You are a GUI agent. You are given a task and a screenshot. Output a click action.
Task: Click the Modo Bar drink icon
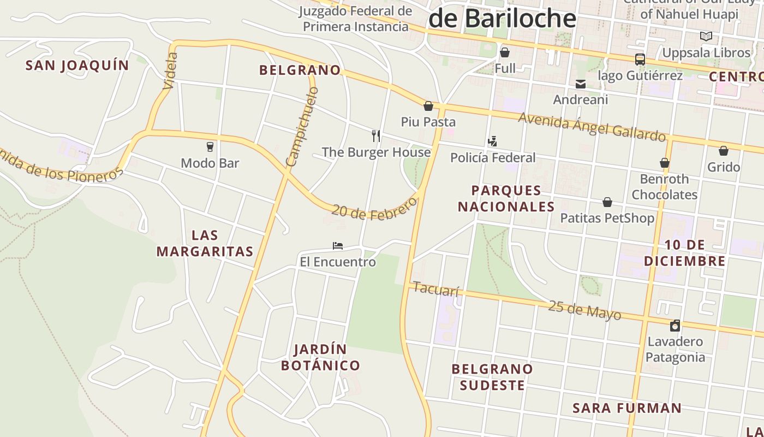point(210,146)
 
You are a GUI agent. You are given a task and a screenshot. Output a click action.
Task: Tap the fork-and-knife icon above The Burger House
point(376,135)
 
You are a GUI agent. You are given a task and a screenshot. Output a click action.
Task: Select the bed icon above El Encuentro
point(338,246)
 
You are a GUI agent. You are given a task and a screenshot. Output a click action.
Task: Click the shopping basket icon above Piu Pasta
point(428,106)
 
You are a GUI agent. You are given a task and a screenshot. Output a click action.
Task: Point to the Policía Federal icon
point(492,141)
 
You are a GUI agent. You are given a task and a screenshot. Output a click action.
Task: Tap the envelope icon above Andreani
point(581,84)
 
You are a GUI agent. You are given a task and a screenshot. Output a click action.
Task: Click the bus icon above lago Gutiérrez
point(640,59)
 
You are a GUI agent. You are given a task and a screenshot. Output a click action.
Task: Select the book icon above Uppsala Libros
point(706,37)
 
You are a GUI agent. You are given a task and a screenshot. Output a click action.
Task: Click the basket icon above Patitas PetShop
point(607,203)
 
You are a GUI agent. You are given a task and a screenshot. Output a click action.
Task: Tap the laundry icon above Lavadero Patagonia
point(675,326)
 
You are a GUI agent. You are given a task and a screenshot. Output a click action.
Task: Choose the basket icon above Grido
point(724,151)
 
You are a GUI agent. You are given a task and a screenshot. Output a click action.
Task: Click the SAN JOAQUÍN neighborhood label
point(77,66)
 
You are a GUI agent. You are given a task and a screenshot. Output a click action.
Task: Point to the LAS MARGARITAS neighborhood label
point(205,244)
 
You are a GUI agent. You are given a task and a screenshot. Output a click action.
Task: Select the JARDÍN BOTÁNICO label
point(320,358)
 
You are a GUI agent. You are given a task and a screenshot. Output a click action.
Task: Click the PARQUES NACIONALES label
point(506,198)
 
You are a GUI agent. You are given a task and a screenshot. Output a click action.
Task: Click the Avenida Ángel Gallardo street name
point(592,126)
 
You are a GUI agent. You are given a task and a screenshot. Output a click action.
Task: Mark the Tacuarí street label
point(435,288)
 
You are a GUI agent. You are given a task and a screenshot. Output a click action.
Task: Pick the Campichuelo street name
point(302,127)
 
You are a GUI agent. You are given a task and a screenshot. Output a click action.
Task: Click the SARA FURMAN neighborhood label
point(627,408)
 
